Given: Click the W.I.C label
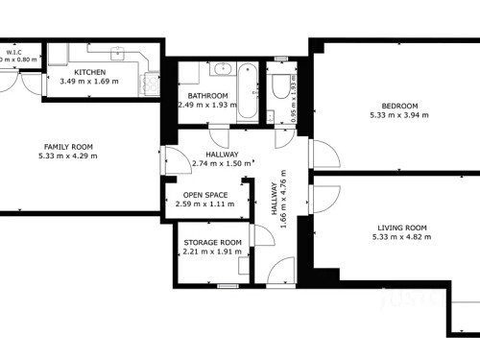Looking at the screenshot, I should point(14,52).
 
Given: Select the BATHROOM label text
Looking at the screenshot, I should point(207,96).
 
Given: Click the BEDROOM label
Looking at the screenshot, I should point(399,106).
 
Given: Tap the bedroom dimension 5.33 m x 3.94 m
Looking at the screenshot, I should point(399,115).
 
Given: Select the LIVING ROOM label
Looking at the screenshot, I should point(400,228).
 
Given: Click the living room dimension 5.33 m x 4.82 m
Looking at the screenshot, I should point(400,237).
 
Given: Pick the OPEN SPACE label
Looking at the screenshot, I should point(205,194).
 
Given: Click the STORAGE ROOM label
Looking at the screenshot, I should point(211,242).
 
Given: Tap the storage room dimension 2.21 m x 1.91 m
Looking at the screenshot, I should point(211,252).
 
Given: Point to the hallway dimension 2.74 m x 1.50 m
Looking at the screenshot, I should point(222,163).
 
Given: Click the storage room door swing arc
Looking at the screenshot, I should point(259,236).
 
